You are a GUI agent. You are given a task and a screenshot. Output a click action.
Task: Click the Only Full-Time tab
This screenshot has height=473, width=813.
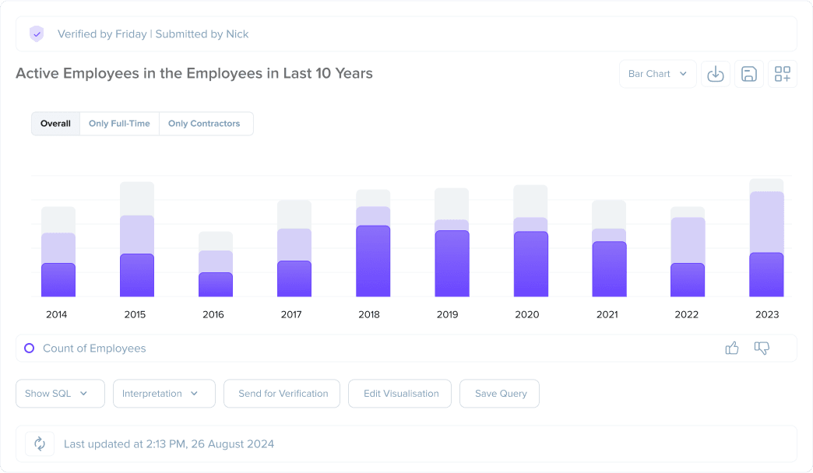coord(119,124)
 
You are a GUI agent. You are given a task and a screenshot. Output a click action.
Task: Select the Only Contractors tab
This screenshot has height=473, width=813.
coord(204,124)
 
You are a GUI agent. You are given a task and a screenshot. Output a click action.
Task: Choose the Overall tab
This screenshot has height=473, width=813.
coord(55,124)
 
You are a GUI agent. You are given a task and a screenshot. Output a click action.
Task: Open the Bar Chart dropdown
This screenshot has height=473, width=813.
coord(657,74)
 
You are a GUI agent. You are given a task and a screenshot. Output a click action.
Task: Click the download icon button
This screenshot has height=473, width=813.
coord(715,74)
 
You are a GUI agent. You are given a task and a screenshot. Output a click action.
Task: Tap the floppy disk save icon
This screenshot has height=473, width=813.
coord(748,74)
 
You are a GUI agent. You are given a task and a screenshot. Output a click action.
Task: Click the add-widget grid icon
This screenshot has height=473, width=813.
coord(782,74)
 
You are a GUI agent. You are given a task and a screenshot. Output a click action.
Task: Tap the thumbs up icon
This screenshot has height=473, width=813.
coord(732,349)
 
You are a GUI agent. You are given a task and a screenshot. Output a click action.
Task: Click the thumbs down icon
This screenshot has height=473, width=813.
coord(762,349)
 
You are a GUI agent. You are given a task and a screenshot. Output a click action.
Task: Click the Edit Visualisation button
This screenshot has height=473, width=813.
coord(401,394)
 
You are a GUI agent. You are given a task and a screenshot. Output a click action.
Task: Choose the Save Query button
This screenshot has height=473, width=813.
coord(501,394)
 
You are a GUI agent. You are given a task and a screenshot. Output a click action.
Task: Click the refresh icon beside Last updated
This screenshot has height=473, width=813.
coord(39,444)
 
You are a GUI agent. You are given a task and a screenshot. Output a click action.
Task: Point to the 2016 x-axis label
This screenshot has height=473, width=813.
coord(213,315)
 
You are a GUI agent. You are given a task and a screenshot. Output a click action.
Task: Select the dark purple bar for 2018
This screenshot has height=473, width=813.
coord(373,261)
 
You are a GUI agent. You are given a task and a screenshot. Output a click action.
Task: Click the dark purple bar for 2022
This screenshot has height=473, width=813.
coord(688,280)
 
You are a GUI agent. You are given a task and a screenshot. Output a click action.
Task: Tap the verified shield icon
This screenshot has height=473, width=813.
coord(37,34)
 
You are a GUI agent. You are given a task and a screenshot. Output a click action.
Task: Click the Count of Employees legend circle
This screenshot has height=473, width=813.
coord(30,349)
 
